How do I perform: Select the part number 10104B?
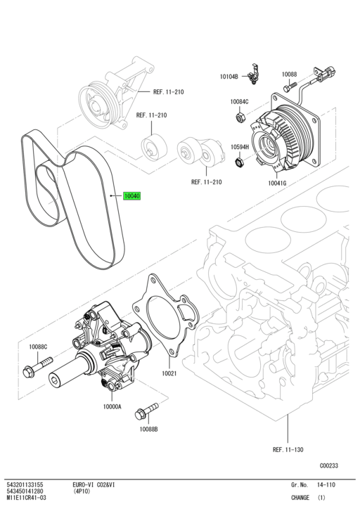pyautogui.click(x=229, y=76)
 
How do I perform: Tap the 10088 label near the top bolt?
pyautogui.click(x=290, y=74)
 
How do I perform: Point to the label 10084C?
pyautogui.click(x=239, y=101)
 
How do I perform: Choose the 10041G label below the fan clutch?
pyautogui.click(x=278, y=183)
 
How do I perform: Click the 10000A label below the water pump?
pyautogui.click(x=112, y=406)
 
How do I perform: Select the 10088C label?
pyautogui.click(x=38, y=347)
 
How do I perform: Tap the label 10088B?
pyautogui.click(x=148, y=429)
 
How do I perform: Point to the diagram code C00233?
pyautogui.click(x=329, y=465)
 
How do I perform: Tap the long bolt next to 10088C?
pyautogui.click(x=39, y=366)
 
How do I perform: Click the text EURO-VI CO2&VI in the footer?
pyautogui.click(x=96, y=485)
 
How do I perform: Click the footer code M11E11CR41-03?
pyautogui.click(x=27, y=498)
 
